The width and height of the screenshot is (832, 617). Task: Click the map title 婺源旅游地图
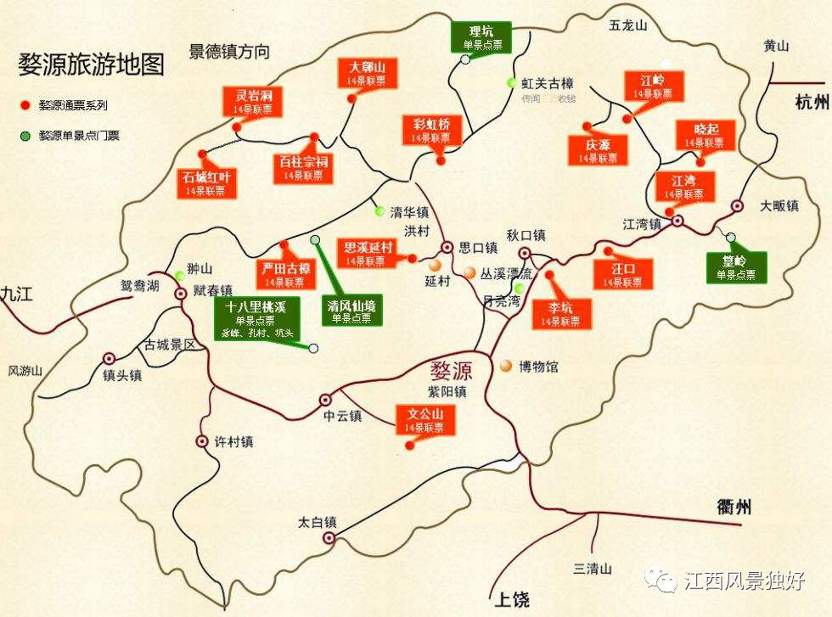click(x=91, y=64)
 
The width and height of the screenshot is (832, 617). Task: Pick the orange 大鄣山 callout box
click(x=368, y=73)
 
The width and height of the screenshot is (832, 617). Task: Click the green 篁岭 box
click(x=737, y=266)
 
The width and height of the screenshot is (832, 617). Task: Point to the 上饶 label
click(x=510, y=599)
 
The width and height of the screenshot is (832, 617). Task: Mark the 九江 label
click(x=16, y=294)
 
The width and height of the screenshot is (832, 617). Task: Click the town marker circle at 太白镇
click(x=329, y=537)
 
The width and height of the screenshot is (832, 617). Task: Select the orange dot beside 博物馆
click(x=506, y=366)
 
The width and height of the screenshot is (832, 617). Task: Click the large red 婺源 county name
click(x=450, y=371)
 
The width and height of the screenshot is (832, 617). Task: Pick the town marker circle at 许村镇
click(x=202, y=441)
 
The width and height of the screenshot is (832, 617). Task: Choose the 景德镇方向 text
click(x=229, y=52)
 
